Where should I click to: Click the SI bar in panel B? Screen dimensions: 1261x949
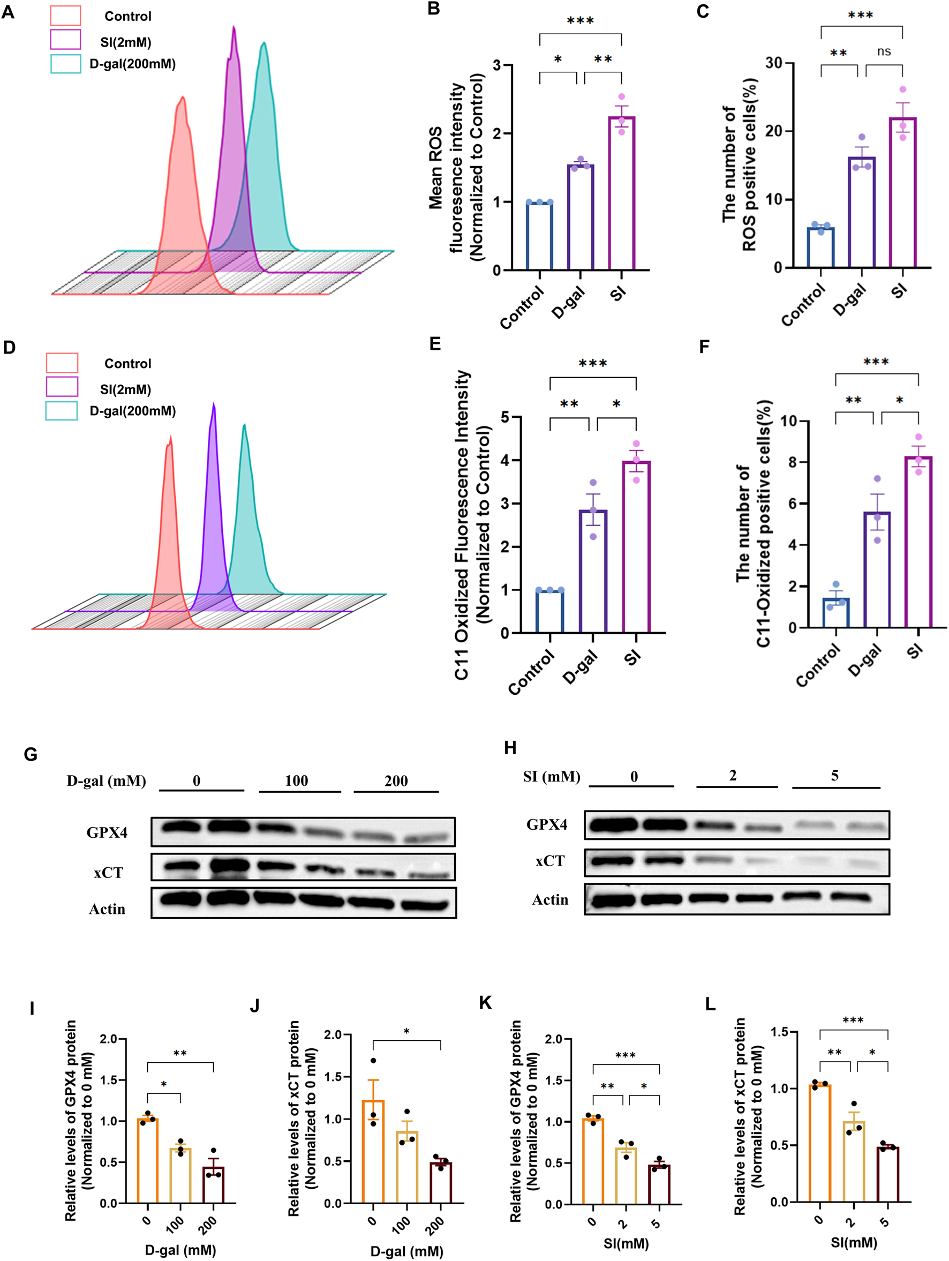point(621,194)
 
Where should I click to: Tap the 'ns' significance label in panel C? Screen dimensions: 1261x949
point(884,52)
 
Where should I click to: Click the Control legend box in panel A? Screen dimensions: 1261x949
point(65,16)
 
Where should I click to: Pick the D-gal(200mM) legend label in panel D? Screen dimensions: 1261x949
point(132,411)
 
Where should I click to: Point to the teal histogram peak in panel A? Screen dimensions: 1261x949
point(263,46)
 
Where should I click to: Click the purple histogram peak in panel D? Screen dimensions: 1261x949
point(214,406)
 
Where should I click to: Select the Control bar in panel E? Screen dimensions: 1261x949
point(550,612)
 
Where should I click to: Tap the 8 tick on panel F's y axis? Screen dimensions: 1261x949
point(792,462)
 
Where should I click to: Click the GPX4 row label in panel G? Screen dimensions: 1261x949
point(107,833)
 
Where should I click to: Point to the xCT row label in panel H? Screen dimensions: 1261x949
point(549,861)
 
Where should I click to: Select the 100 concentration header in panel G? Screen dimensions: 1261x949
point(296,780)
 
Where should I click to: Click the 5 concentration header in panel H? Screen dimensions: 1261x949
point(834,775)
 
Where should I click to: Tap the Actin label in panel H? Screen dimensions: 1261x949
point(549,899)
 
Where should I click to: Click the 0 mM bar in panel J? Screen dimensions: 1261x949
point(373,1152)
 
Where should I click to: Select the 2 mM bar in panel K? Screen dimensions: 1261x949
point(626,1176)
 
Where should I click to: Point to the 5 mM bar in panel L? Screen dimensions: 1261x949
point(887,1174)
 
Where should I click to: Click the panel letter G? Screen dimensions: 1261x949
point(31,755)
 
